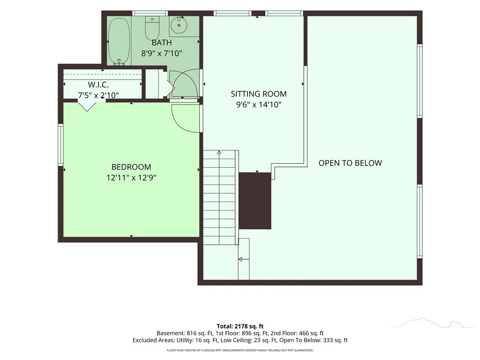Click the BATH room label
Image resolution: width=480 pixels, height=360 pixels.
162,43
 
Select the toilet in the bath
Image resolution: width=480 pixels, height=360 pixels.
152,28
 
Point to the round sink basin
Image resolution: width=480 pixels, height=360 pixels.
179,25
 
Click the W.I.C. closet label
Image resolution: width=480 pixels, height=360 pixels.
98,84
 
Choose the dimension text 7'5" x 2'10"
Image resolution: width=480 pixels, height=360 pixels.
98,96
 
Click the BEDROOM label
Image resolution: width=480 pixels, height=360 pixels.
131,167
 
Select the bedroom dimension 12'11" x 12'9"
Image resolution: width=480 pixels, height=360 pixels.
131,178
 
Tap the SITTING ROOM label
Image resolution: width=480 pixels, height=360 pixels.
259,94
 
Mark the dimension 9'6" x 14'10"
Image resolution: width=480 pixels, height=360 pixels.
259,105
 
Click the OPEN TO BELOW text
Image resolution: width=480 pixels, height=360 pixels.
350,163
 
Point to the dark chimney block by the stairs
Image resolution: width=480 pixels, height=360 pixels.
255,201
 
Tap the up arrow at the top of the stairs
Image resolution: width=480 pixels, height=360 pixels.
219,152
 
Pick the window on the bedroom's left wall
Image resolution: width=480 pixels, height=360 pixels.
60,145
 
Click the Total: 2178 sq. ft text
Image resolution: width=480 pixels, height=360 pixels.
240,326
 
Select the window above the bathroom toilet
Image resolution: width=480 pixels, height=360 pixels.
150,13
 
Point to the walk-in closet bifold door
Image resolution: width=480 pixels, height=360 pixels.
87,105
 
